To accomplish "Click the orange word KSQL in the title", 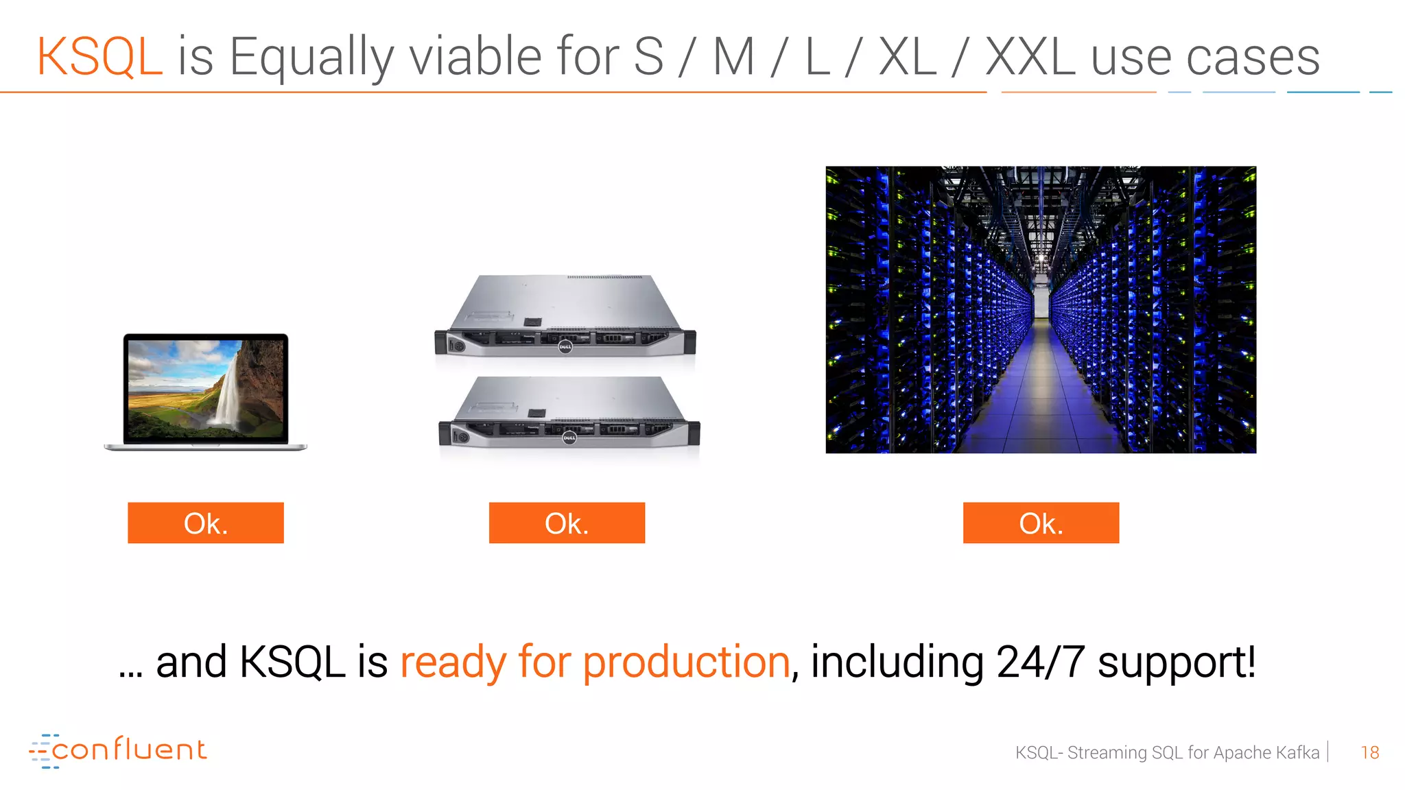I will click(99, 56).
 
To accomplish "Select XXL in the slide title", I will click(1030, 56).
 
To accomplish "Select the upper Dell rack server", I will click(565, 316).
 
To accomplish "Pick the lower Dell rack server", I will click(569, 411).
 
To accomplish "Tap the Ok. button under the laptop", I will click(206, 523).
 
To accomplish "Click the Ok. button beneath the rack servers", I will click(567, 523).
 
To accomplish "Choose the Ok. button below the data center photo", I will click(1041, 523).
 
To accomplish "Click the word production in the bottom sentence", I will click(686, 662).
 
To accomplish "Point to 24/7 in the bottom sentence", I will click(1040, 662).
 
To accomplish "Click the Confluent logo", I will click(117, 750).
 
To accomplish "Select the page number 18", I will click(1369, 752).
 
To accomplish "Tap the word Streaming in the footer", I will click(1107, 753).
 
